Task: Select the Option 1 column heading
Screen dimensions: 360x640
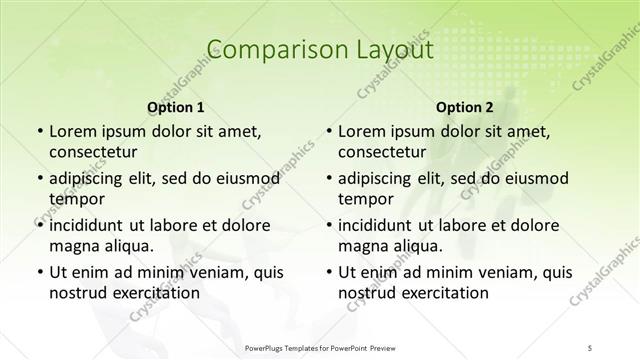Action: [x=175, y=107]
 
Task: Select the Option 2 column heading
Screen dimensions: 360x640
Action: [x=465, y=107]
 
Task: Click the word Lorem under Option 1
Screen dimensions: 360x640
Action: [x=75, y=131]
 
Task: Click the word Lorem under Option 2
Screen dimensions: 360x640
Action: [x=365, y=131]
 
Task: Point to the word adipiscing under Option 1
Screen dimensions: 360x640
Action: [x=91, y=178]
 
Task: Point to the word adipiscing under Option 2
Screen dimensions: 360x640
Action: [x=381, y=178]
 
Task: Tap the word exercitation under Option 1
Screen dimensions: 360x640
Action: [x=155, y=294]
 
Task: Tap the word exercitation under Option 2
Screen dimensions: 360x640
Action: [x=445, y=294]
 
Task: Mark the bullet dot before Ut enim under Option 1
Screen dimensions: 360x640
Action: [x=38, y=271]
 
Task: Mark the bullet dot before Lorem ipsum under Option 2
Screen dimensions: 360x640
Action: [x=328, y=131]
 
